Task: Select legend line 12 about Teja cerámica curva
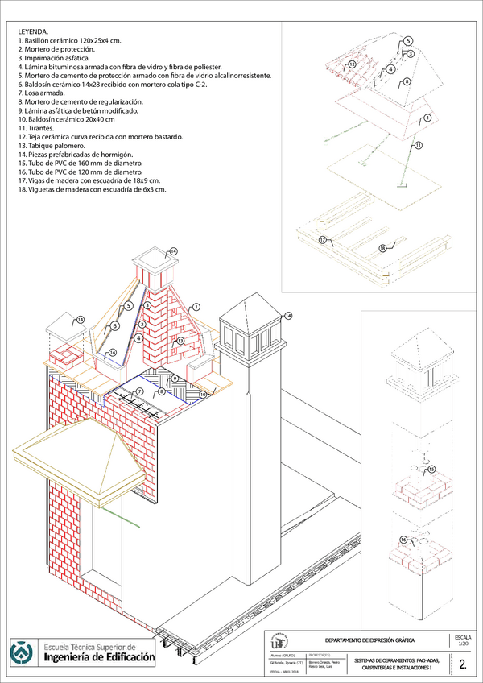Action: click(x=105, y=136)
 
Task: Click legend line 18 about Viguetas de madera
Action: click(x=93, y=189)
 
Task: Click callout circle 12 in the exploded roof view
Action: click(x=352, y=63)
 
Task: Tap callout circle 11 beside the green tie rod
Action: click(x=419, y=146)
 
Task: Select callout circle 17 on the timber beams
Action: click(x=322, y=240)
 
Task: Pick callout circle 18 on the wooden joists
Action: click(x=382, y=247)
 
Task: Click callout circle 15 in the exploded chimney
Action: click(x=431, y=469)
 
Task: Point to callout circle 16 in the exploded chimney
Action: click(x=404, y=539)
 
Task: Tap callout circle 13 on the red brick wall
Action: click(x=181, y=341)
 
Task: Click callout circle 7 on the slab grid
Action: click(x=139, y=391)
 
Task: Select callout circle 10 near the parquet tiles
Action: click(x=203, y=394)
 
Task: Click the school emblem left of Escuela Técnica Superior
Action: click(x=22, y=652)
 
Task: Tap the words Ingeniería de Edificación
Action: click(x=99, y=658)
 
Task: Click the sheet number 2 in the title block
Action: click(x=462, y=664)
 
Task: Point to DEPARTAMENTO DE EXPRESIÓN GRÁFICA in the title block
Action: click(x=369, y=640)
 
